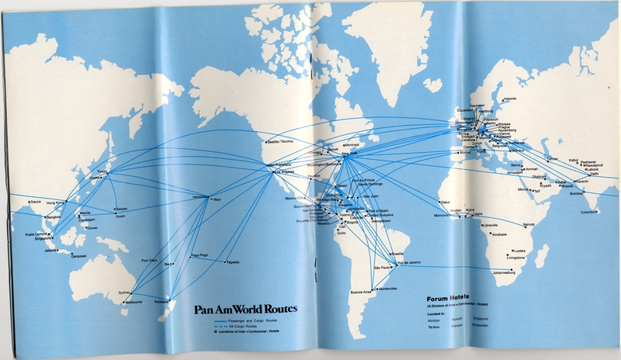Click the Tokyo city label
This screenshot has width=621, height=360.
(x=100, y=171)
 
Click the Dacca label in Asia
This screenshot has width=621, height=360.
(x=35, y=202)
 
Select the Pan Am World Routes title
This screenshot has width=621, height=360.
(x=245, y=308)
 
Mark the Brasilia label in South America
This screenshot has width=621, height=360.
(x=397, y=254)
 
